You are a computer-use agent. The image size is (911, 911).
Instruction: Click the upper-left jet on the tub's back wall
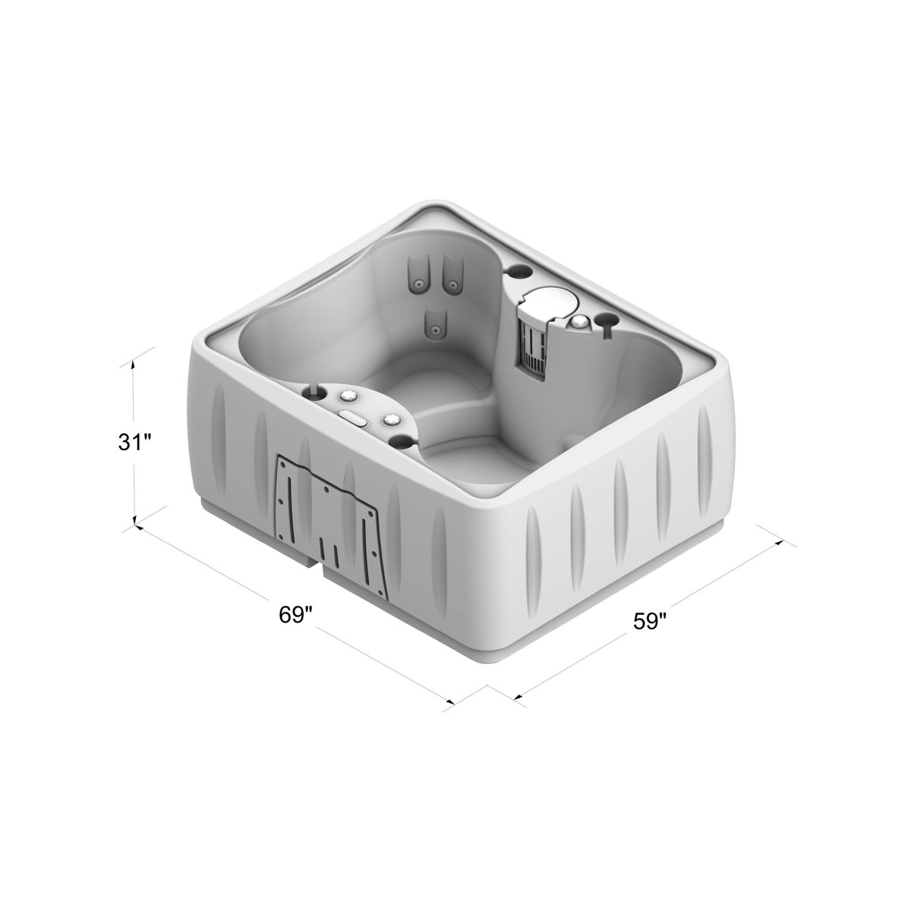coord(417,284)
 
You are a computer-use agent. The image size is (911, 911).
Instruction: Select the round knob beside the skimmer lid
coord(581,322)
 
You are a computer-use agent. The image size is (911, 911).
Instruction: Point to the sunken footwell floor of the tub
coord(463,455)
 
